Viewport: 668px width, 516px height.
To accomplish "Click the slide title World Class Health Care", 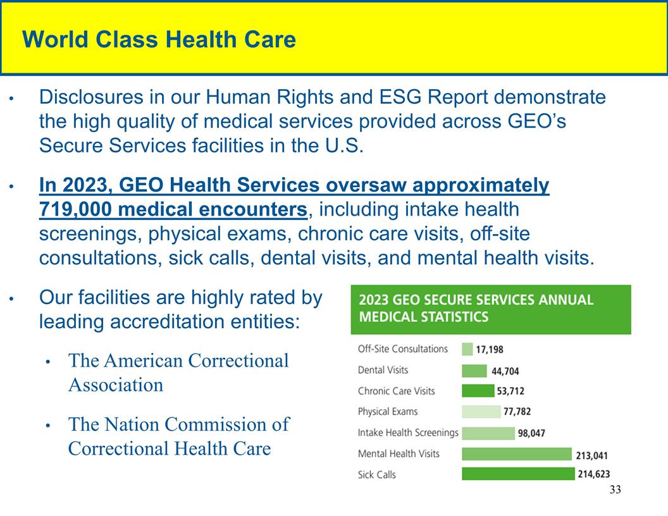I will click(159, 40).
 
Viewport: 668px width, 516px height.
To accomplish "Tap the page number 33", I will click(615, 490).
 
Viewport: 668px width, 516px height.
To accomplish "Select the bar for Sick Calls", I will click(517, 474).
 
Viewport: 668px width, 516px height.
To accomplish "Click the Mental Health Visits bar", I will click(516, 453).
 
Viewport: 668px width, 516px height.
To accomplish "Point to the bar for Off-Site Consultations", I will click(467, 349).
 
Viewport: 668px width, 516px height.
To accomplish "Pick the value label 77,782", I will click(517, 412).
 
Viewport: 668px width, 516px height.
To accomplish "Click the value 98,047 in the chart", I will click(531, 433).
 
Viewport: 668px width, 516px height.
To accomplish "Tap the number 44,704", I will click(505, 371).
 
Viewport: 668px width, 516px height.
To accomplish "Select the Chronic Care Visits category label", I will click(396, 391).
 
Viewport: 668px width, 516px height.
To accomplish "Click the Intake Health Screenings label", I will click(407, 433).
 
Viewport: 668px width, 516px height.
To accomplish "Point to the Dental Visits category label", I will click(383, 370).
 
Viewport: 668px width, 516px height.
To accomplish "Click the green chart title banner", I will click(490, 309).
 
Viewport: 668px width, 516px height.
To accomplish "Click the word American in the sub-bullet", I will click(144, 360).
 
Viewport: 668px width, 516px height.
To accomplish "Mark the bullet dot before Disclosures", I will click(11, 99).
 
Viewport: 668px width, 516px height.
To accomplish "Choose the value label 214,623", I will click(593, 474).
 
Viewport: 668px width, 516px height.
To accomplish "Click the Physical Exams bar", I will click(481, 412).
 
